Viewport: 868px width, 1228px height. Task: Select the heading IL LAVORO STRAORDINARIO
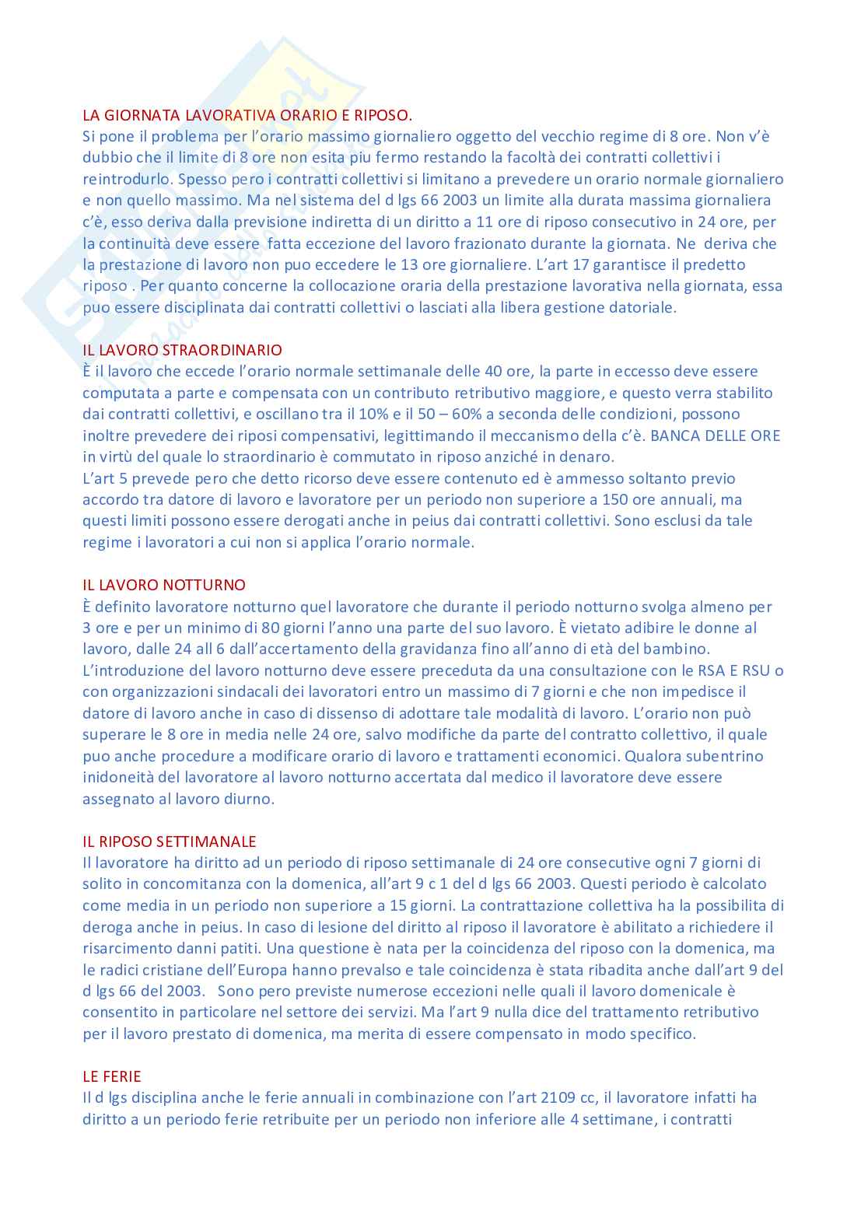(x=182, y=350)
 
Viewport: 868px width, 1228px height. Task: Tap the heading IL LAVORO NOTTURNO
(x=163, y=585)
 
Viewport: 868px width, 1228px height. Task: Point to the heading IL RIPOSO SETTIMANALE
(x=169, y=841)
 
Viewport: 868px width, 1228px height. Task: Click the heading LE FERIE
(x=112, y=1076)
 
